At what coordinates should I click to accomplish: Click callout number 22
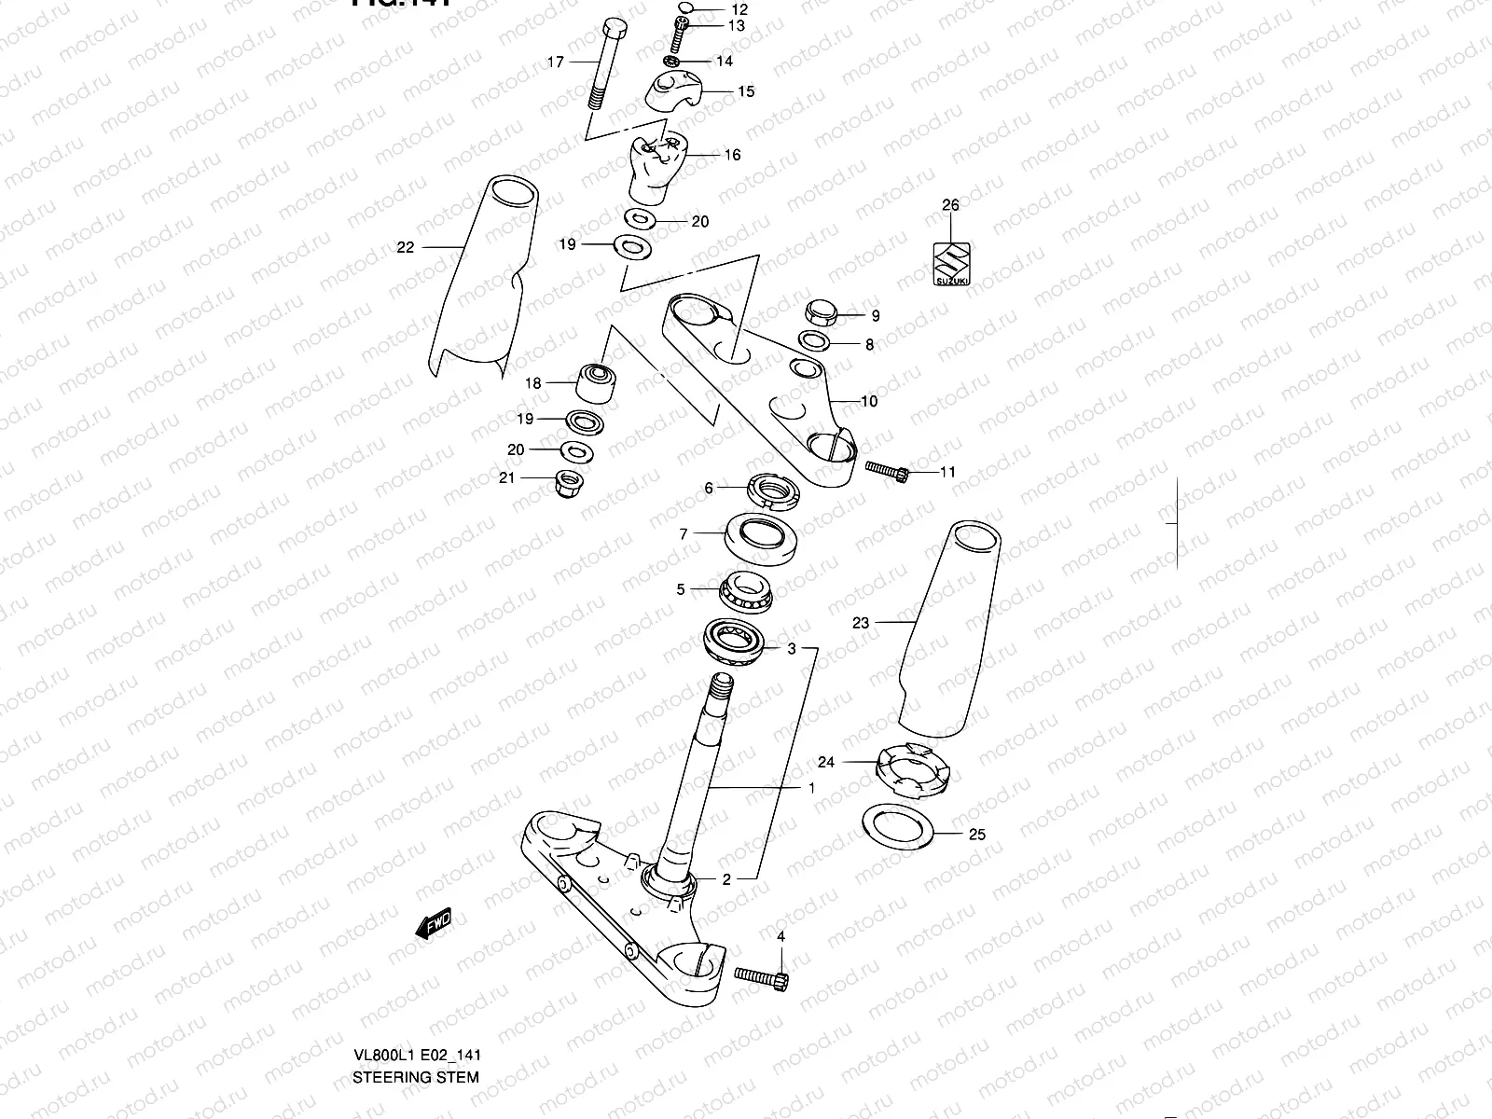pos(405,247)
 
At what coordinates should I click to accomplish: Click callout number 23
pos(860,623)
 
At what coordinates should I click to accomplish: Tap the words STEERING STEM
pos(416,1077)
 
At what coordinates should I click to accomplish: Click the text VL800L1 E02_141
pos(416,1056)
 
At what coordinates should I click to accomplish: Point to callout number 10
pos(868,402)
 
